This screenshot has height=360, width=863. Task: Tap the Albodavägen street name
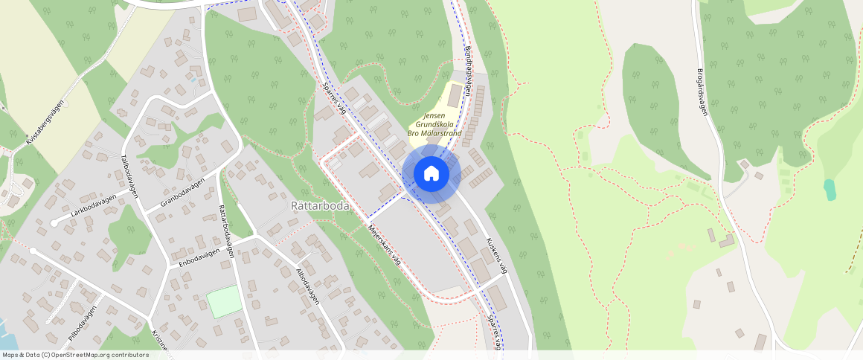pyautogui.click(x=307, y=286)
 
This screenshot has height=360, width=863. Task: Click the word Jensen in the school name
pyautogui.click(x=434, y=116)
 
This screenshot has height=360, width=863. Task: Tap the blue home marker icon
pyautogui.click(x=431, y=174)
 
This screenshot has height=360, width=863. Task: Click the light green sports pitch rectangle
pyautogui.click(x=224, y=301)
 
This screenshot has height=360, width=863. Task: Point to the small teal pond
pyautogui.click(x=830, y=190)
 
